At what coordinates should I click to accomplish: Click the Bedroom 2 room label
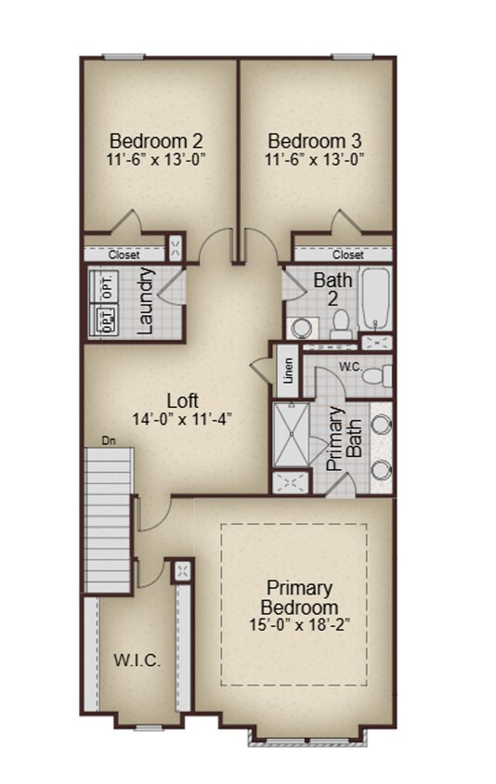point(156,141)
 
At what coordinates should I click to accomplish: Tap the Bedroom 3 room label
point(315,141)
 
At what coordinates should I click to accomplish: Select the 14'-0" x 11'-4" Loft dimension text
point(182,418)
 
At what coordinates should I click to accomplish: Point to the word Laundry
point(146,301)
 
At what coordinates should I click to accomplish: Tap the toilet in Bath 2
point(340,324)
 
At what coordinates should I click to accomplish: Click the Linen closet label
point(289,371)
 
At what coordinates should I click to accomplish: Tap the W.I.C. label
point(137,661)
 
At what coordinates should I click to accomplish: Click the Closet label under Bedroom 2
point(124,255)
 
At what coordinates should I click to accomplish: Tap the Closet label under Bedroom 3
point(348,255)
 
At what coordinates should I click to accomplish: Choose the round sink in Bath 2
point(300,328)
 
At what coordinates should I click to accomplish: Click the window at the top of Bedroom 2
point(124,57)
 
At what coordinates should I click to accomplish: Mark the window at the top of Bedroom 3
point(353,57)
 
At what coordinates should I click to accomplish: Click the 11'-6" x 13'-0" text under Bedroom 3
point(315,159)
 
